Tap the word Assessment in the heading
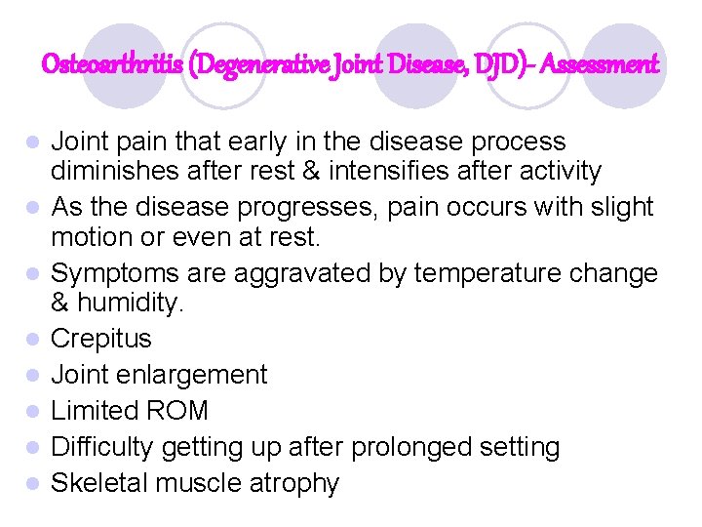(600, 65)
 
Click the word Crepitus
(101, 339)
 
